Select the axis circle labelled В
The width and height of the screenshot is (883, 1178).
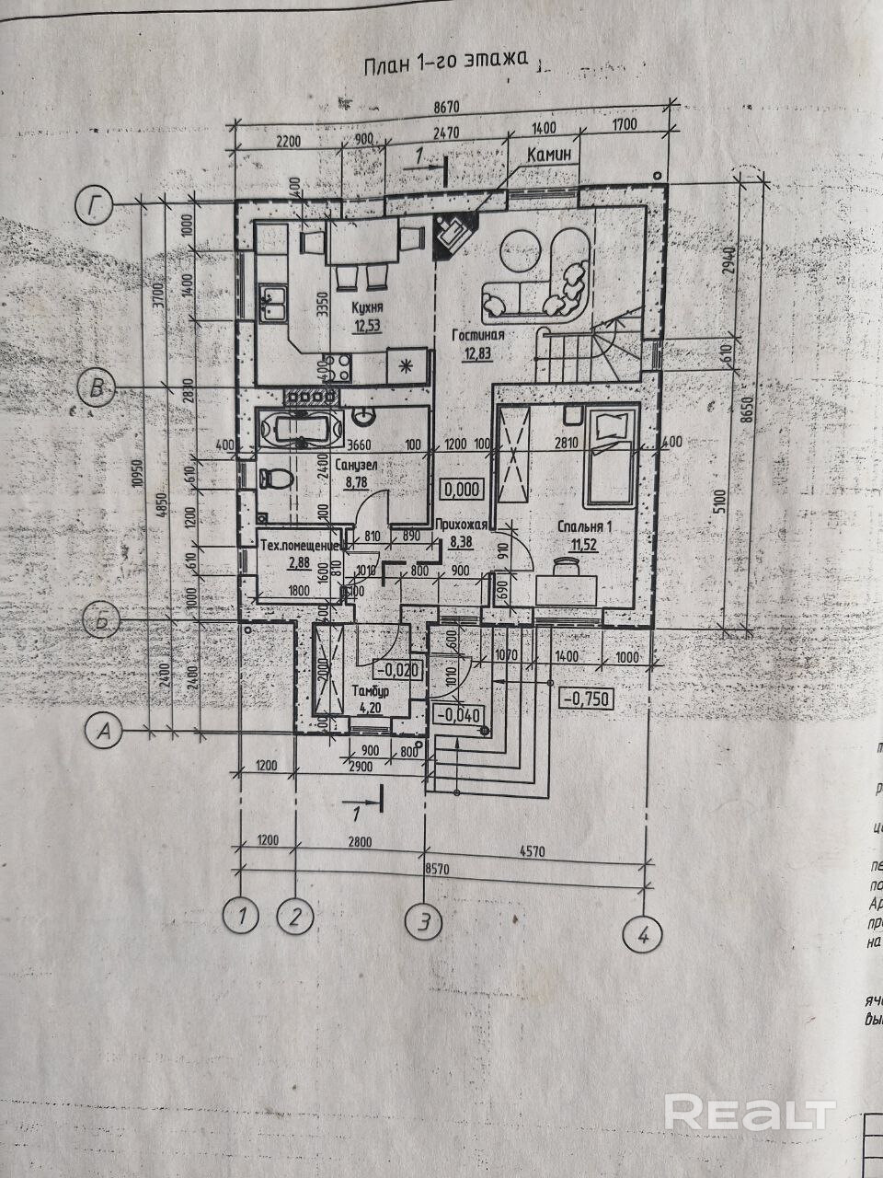coord(96,387)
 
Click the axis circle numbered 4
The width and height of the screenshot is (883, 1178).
coord(642,935)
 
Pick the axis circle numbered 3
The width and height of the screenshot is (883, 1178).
coord(424,920)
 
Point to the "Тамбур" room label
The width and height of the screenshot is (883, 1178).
coord(374,689)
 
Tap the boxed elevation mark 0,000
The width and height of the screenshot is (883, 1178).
coord(461,490)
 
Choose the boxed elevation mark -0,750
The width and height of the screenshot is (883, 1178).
coord(584,699)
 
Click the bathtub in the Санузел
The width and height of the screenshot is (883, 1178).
coord(300,429)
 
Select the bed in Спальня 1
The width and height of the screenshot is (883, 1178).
coord(609,456)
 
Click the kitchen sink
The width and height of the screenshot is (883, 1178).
coord(272,304)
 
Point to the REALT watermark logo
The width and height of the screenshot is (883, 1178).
coord(749,1113)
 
